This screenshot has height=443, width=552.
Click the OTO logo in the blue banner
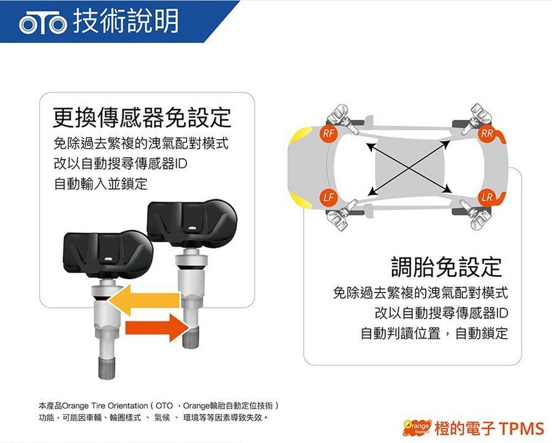tap(43, 23)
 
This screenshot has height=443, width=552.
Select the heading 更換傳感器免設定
tap(142, 117)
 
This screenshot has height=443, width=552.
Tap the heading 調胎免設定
tap(447, 267)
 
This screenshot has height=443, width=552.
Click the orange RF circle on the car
tap(329, 134)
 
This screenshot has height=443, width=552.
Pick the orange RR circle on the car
tap(487, 134)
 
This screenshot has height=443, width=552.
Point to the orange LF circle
tap(328, 197)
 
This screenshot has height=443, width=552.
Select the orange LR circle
tap(487, 197)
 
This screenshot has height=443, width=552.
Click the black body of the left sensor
tap(108, 252)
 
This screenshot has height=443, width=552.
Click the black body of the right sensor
tap(192, 224)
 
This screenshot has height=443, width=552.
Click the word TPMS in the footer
tap(522, 428)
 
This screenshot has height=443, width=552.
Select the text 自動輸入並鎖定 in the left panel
tap(100, 183)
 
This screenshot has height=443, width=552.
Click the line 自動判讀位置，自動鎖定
tap(434, 333)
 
